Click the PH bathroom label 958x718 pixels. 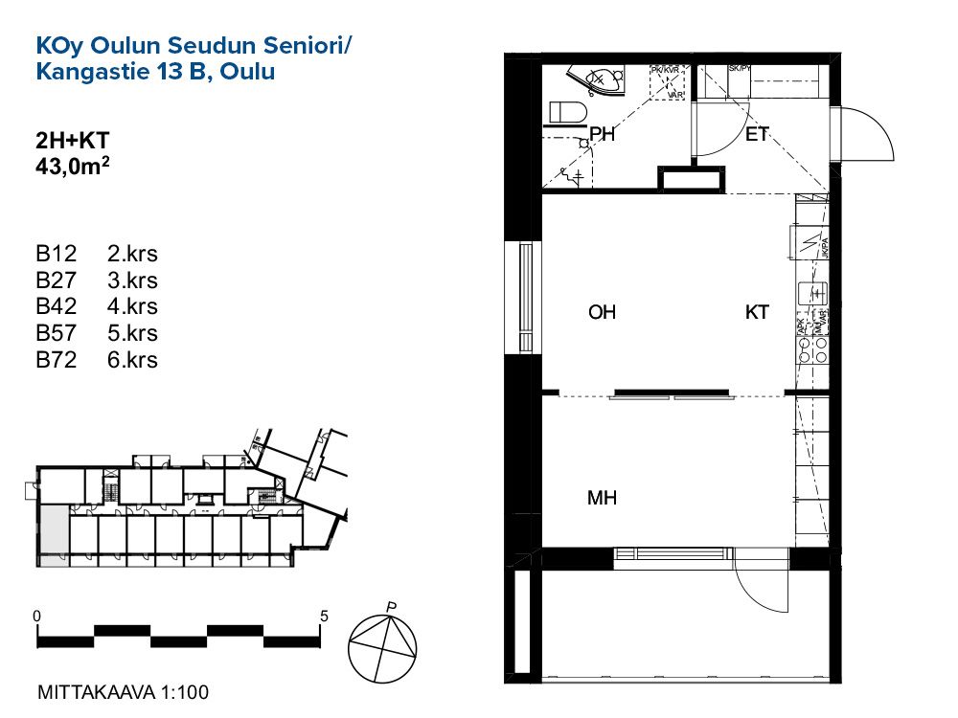(602, 135)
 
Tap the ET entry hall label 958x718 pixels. (758, 135)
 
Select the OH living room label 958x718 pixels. (602, 312)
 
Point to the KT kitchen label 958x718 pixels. (757, 312)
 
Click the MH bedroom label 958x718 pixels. (602, 499)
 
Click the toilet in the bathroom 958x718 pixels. (567, 113)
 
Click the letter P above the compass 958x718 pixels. (391, 606)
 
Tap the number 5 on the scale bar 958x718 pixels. (325, 616)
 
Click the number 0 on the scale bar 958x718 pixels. (36, 616)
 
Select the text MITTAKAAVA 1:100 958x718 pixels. (122, 691)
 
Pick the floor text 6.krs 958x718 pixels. (133, 360)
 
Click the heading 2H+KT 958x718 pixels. (72, 141)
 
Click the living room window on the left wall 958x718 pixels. (524, 299)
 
